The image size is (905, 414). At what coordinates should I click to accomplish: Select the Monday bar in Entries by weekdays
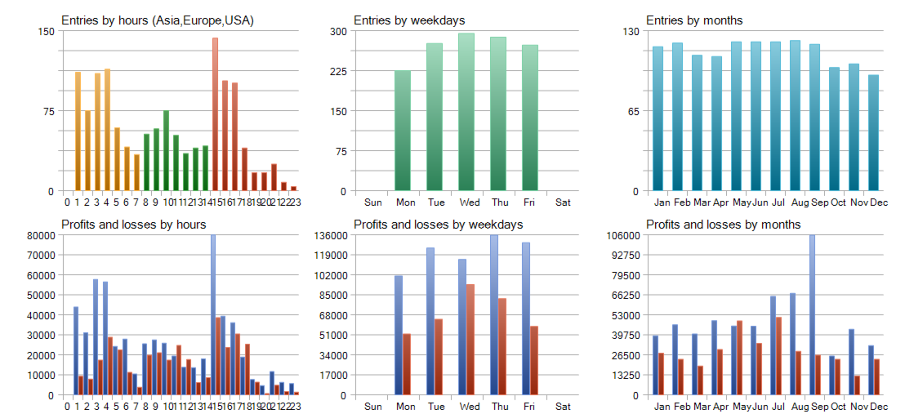(x=403, y=131)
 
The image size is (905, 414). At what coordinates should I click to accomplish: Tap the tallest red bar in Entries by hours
(x=215, y=114)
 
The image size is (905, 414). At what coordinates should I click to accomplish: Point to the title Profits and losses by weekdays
(x=438, y=224)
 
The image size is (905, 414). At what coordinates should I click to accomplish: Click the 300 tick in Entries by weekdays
(x=337, y=31)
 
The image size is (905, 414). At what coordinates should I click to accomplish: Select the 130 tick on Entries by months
(x=630, y=31)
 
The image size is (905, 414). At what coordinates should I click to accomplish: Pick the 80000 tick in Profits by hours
(x=38, y=235)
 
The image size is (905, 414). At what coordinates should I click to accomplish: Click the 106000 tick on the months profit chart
(x=623, y=235)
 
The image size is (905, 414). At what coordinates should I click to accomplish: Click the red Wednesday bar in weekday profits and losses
(x=470, y=340)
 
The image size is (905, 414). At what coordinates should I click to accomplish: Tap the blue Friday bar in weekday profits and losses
(x=526, y=318)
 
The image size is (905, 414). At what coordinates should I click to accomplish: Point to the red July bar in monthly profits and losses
(x=778, y=356)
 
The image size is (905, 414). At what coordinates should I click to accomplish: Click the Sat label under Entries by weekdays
(x=563, y=203)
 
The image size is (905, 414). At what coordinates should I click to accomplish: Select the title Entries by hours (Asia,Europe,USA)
(x=158, y=20)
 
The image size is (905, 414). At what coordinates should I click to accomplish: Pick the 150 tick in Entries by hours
(x=46, y=31)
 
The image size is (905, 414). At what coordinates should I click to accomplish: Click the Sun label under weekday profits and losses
(x=372, y=407)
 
